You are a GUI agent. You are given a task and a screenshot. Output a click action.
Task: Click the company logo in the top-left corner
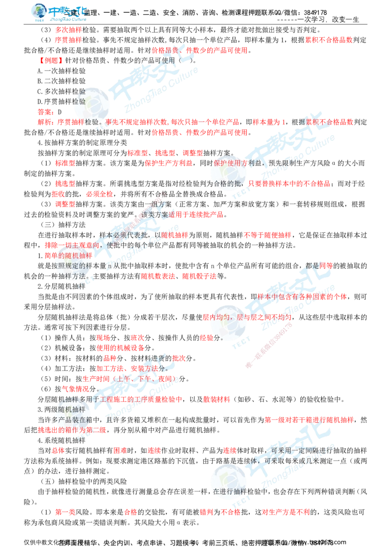click(x=60, y=13)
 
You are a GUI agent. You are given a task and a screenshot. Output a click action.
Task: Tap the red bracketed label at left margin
click(x=50, y=60)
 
